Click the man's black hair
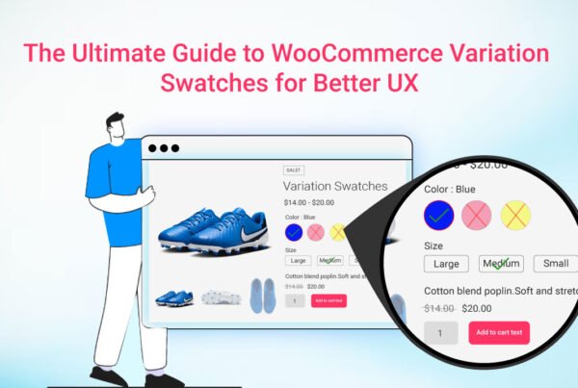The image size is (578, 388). point(115,120)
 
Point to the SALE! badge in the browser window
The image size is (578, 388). point(294,169)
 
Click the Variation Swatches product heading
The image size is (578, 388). point(335,187)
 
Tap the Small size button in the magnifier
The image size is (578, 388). point(556,264)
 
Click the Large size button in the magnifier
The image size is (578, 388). point(446,264)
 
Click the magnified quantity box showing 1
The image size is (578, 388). point(441,333)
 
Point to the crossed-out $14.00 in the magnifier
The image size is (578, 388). point(439,308)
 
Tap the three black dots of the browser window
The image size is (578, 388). point(164,148)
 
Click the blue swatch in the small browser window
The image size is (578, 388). point(294,232)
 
